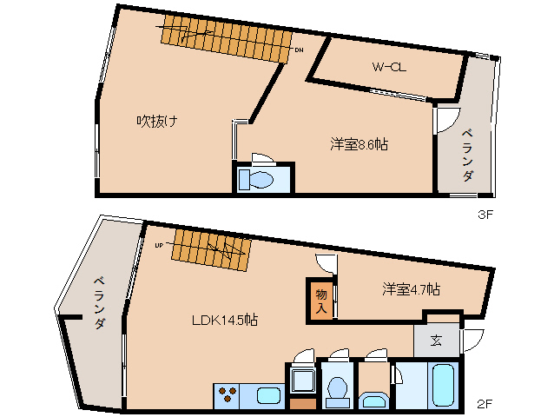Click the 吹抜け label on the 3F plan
click(157, 121)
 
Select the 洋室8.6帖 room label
click(359, 144)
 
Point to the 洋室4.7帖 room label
click(411, 289)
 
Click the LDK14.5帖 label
click(224, 319)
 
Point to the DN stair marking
click(299, 50)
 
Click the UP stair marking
click(160, 245)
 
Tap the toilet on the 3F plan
click(260, 179)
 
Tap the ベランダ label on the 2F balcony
click(98, 301)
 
